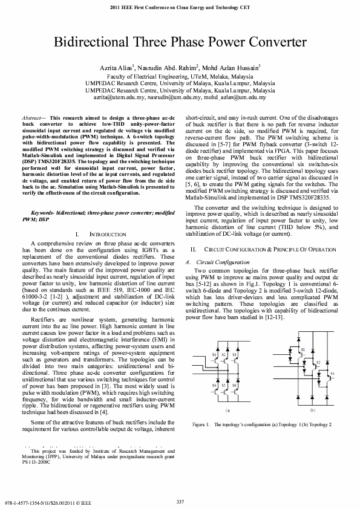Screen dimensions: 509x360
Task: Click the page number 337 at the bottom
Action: tap(180, 501)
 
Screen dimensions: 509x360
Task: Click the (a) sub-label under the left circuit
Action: tap(227, 409)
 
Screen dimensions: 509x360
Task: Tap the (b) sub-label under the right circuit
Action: tap(312, 409)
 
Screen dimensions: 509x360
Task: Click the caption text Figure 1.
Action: tap(201, 425)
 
